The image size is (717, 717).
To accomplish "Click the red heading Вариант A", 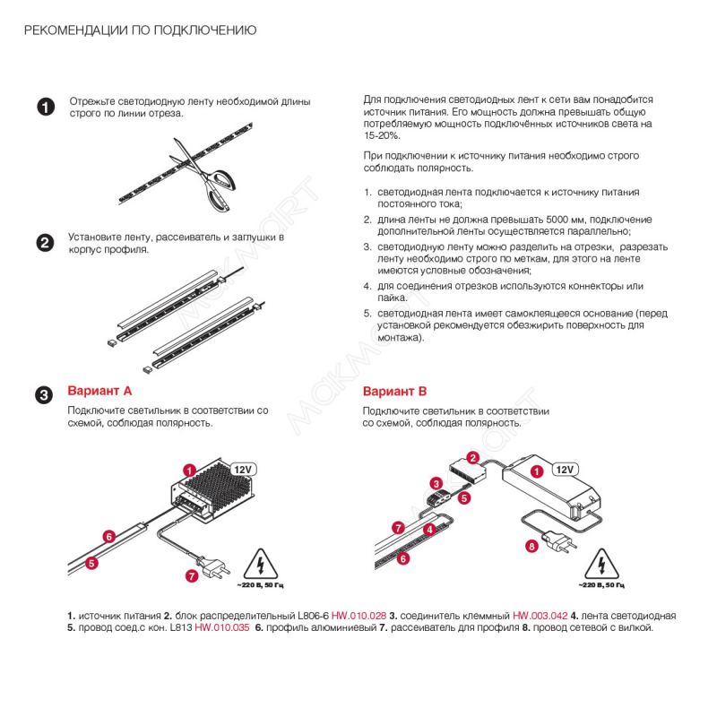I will [100, 392].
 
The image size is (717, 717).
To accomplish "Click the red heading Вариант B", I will [394, 392].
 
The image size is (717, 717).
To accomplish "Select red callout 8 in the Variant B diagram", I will [531, 546].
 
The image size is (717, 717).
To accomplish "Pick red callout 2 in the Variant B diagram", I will [472, 457].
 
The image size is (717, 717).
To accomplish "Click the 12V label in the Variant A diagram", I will [245, 469].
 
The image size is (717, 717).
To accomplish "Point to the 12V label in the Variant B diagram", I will [564, 469].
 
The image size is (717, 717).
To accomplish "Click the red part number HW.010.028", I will [358, 616].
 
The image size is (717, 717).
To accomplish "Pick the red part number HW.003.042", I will [540, 616].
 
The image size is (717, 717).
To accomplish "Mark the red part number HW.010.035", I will [221, 627].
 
